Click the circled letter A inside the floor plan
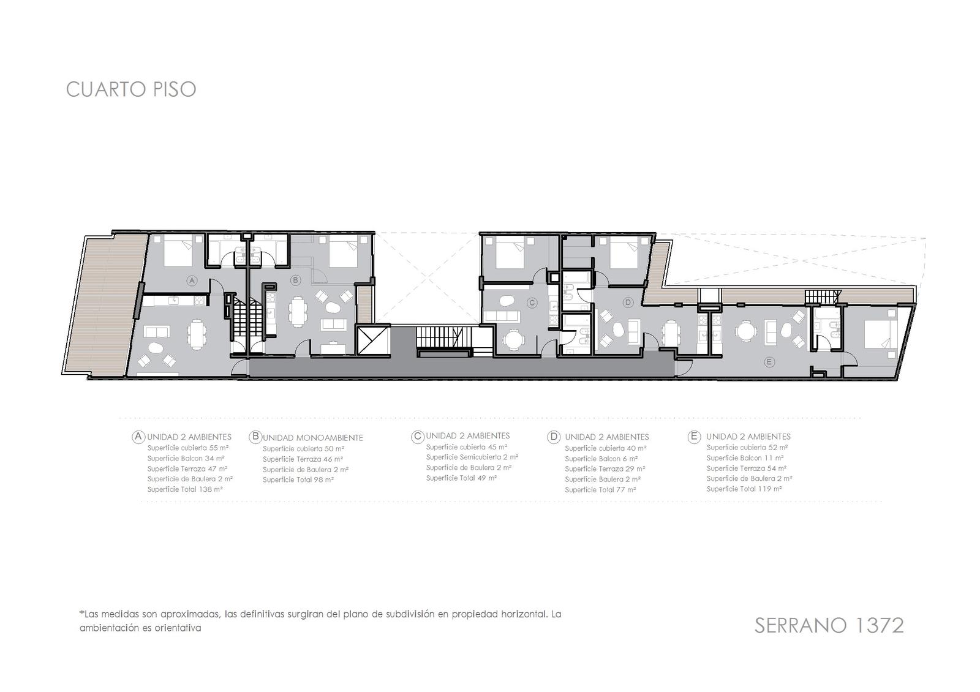click(x=191, y=281)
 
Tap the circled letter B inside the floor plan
click(x=296, y=280)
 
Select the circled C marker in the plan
click(x=532, y=303)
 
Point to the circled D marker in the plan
click(x=628, y=303)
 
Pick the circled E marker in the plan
click(x=769, y=362)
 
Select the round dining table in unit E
click(x=744, y=329)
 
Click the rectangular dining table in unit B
click(x=298, y=312)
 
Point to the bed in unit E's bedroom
click(x=881, y=334)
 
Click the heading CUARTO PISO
click(x=131, y=89)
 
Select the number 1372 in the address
click(x=872, y=625)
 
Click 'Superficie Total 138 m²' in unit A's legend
click(x=185, y=489)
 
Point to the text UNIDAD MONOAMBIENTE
click(x=313, y=437)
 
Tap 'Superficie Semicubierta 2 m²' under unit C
click(x=472, y=457)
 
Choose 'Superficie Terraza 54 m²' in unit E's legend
click(x=747, y=468)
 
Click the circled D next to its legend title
click(x=554, y=437)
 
